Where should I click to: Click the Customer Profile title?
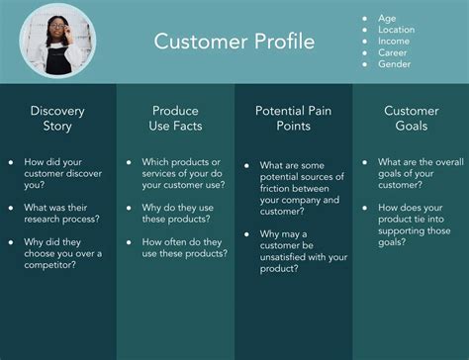click(x=234, y=42)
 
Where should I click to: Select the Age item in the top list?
click(x=387, y=18)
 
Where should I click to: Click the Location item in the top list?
click(x=397, y=30)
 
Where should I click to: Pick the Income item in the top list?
click(x=394, y=42)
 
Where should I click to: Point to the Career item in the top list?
click(x=393, y=52)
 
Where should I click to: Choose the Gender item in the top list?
click(x=394, y=64)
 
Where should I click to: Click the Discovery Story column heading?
click(x=57, y=118)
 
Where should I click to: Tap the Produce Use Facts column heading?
click(x=175, y=118)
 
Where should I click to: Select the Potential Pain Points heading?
click(x=293, y=118)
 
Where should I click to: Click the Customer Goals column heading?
click(x=411, y=118)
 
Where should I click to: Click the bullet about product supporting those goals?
click(x=417, y=223)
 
